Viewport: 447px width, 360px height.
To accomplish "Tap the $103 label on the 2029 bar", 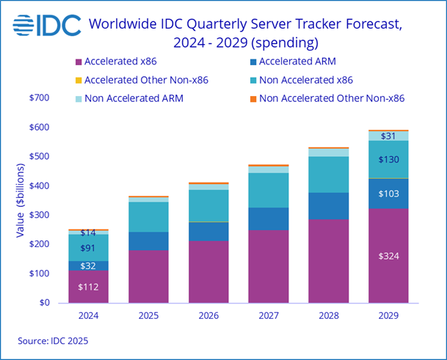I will point(388,194).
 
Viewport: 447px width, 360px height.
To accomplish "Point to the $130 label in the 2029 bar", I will point(388,160).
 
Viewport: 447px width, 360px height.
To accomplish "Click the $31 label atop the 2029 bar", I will point(388,136).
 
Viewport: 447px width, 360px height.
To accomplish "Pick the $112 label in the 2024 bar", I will point(88,287).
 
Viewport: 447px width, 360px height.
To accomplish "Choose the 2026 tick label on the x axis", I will point(208,315).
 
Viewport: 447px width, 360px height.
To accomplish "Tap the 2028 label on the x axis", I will point(329,315).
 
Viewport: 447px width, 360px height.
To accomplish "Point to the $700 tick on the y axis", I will point(40,98).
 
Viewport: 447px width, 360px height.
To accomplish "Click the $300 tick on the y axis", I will point(40,215).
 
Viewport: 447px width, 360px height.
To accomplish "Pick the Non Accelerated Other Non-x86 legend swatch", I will point(252,98).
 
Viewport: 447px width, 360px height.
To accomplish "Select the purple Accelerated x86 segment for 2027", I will point(269,265).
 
